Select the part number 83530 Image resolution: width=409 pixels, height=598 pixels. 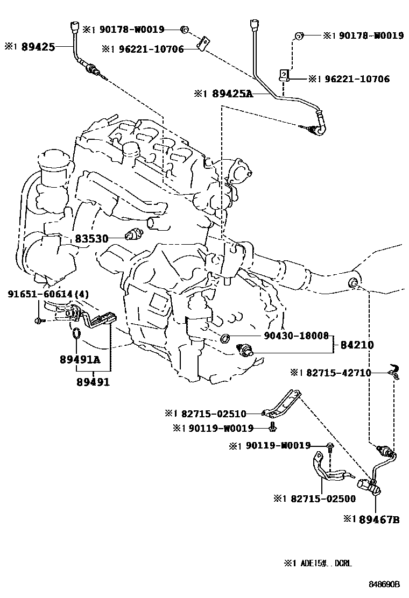coord(91,238)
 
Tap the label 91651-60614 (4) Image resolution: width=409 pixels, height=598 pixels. coord(48,294)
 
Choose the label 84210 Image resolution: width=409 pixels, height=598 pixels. coord(357,345)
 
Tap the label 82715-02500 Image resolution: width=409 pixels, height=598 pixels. coord(321,499)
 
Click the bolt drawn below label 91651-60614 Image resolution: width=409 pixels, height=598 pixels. coord(39,321)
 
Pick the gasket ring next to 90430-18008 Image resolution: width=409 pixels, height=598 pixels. coord(226,338)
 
